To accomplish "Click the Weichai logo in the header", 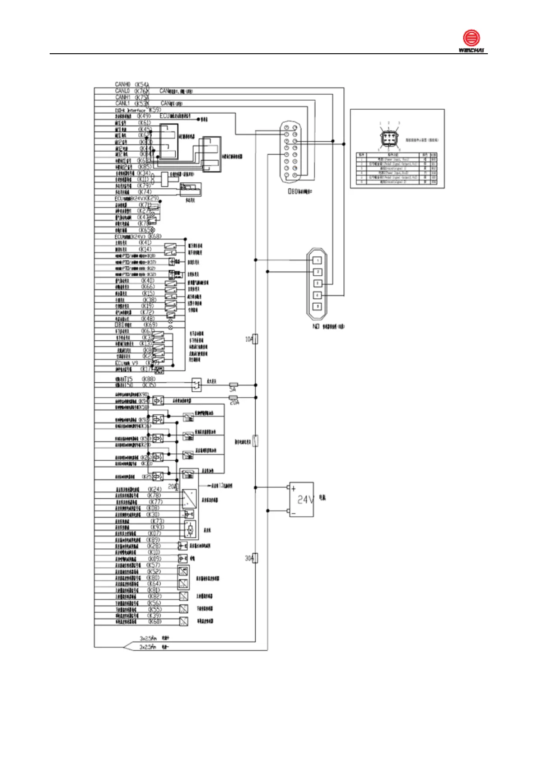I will pyautogui.click(x=471, y=41).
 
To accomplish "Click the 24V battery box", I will pyautogui.click(x=301, y=499).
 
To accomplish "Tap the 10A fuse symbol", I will pyautogui.click(x=255, y=339).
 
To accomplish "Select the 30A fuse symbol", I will pyautogui.click(x=255, y=558).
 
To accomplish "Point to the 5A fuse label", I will pyautogui.click(x=233, y=389).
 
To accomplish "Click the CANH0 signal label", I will pyautogui.click(x=122, y=84).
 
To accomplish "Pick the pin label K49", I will pyautogui.click(x=144, y=116).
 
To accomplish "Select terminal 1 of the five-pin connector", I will pyautogui.click(x=318, y=260).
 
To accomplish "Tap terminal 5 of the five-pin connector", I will pyautogui.click(x=318, y=306).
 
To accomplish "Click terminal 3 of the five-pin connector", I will pyautogui.click(x=318, y=283).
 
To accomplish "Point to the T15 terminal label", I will pyautogui.click(x=128, y=379).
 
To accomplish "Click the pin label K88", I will pyautogui.click(x=149, y=379).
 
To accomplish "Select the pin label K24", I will pyautogui.click(x=154, y=489).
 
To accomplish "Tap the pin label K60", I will pyautogui.click(x=154, y=622).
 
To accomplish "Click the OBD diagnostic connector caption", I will pyautogui.click(x=300, y=192).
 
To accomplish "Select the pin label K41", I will pyautogui.click(x=145, y=243).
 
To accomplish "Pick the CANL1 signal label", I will pyautogui.click(x=122, y=103).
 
